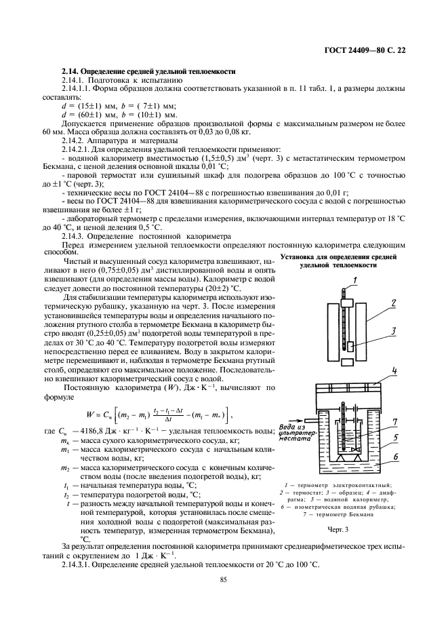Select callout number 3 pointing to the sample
(x=392, y=332)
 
